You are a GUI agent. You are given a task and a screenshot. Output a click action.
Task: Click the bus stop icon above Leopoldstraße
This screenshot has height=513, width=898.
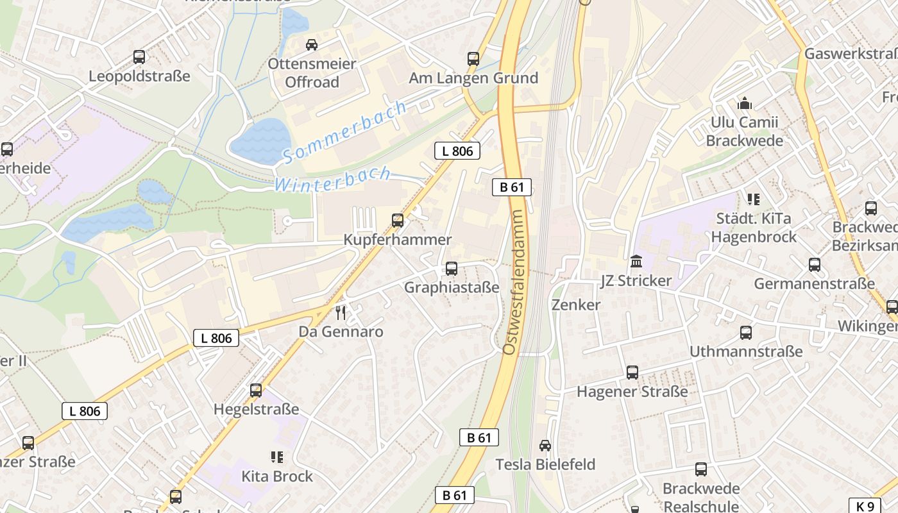coord(139,56)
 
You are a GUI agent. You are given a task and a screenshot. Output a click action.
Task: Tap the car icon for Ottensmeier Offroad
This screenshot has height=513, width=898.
coord(312,44)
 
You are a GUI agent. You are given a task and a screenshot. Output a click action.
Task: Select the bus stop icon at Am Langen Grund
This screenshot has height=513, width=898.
coord(473,59)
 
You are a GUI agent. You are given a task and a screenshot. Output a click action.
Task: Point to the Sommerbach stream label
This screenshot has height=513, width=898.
coord(345,131)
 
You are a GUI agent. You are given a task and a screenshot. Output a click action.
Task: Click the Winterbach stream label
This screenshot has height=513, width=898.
coord(333,179)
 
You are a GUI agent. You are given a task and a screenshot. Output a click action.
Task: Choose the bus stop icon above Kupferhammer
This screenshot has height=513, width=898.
coord(398,221)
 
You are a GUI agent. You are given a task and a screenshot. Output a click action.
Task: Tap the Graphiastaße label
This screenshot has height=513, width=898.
coord(451,287)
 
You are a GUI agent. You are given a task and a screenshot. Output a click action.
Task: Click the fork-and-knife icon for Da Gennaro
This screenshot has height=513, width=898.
coord(341,313)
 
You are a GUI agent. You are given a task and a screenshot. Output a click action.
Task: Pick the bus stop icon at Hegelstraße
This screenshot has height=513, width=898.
coord(256,390)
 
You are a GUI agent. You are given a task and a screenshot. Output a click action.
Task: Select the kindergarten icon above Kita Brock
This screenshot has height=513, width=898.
coord(277,457)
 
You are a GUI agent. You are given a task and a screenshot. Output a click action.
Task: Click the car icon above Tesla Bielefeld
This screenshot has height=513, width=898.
coord(545,445)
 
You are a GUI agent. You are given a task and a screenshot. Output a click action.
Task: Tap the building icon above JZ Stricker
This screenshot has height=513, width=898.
coord(636,262)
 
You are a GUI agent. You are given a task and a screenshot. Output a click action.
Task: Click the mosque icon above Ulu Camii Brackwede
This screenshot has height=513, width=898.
coord(745,103)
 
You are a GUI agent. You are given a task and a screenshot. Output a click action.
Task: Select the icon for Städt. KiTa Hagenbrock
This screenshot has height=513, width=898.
coord(753,199)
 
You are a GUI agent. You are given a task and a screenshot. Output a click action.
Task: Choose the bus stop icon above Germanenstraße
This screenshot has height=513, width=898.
coord(814,264)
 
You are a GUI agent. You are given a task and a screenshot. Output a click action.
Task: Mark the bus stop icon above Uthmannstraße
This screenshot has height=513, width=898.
coord(745,332)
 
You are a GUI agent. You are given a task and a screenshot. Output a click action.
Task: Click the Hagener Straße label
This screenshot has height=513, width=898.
coord(632,391)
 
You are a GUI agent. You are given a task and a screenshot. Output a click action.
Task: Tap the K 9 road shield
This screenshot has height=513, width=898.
coord(865,505)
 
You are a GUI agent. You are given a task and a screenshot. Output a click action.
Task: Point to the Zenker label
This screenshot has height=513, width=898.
coord(576,305)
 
